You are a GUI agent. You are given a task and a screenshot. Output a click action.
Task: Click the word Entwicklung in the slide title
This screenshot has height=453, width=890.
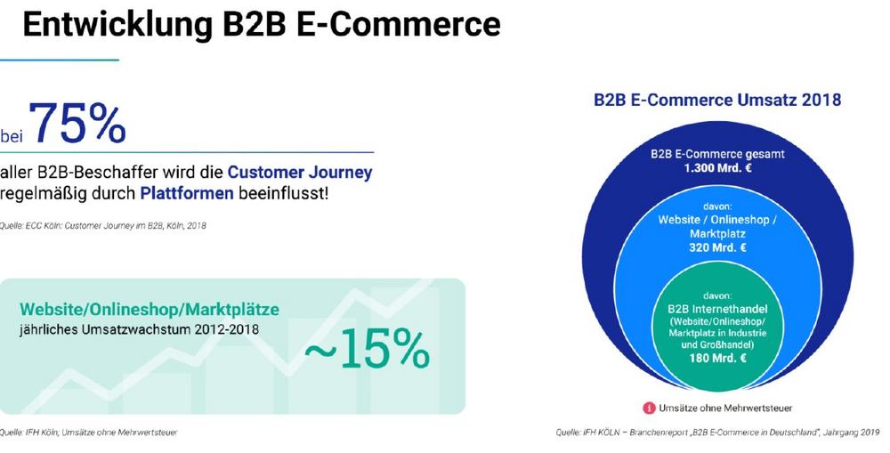(117, 24)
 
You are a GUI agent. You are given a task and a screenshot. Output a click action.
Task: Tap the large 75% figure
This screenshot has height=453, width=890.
(77, 123)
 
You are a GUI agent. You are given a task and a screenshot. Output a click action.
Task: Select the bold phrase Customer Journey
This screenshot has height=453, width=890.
(300, 172)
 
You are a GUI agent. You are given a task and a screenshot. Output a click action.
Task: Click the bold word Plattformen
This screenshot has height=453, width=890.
(187, 194)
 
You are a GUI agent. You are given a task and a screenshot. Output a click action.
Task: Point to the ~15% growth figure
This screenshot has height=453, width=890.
(368, 349)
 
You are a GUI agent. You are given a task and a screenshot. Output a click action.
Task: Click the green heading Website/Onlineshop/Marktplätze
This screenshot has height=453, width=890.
(150, 310)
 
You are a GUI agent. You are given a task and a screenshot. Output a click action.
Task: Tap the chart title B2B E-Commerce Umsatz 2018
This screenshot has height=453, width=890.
(716, 100)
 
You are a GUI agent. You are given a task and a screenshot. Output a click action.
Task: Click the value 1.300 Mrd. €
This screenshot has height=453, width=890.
(717, 167)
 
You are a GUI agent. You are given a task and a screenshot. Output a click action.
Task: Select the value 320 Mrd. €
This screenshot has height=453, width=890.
(717, 247)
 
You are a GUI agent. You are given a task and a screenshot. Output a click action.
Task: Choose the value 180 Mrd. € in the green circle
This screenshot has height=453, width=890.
(717, 358)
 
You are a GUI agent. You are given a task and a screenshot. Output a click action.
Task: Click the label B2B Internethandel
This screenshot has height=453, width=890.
(717, 309)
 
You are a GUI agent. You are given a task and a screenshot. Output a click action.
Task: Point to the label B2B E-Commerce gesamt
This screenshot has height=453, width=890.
(717, 154)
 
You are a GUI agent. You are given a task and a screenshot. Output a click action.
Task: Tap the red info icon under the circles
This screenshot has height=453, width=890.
(648, 408)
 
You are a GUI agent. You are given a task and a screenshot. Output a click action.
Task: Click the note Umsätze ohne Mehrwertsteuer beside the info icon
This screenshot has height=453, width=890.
(724, 408)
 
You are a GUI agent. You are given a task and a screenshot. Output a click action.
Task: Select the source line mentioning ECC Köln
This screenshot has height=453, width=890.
(102, 225)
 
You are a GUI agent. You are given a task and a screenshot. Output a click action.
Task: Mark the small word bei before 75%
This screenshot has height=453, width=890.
(12, 137)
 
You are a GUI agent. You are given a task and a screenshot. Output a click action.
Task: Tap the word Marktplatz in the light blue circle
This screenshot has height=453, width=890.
(717, 233)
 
